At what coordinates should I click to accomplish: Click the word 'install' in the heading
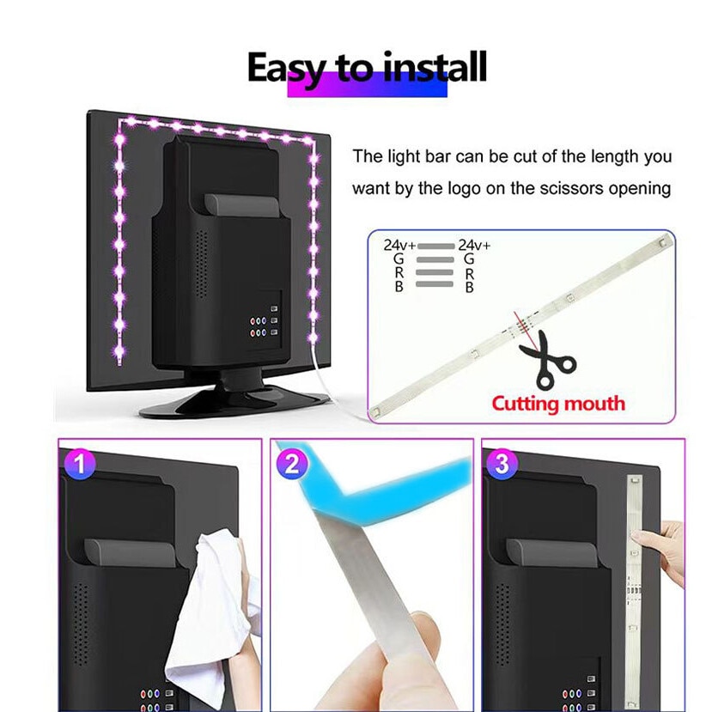[434, 67]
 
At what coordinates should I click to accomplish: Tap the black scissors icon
[547, 360]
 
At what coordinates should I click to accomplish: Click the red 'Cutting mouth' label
[558, 403]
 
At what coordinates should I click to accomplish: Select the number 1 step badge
[79, 464]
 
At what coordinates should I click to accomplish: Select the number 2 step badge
[291, 464]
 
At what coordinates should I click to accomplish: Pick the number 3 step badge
[502, 464]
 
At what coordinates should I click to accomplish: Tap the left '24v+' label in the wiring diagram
[399, 245]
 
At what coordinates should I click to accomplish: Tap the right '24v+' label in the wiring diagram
[474, 245]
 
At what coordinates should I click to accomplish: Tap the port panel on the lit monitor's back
[265, 321]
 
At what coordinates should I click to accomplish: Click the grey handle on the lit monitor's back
[241, 205]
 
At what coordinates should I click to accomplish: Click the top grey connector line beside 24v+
[436, 246]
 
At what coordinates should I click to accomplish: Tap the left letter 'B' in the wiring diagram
[399, 287]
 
